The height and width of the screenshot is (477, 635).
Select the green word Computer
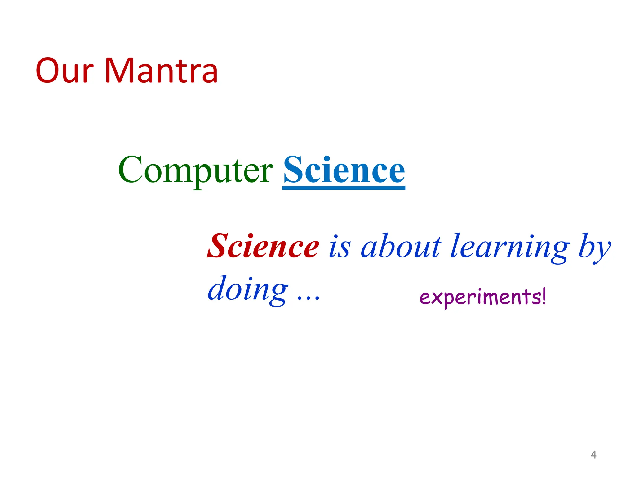(195, 170)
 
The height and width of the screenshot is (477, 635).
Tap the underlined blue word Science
(344, 170)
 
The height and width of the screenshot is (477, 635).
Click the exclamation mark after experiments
(544, 296)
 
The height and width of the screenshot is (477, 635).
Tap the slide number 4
(593, 455)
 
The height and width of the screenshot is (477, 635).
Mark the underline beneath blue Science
(344, 188)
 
